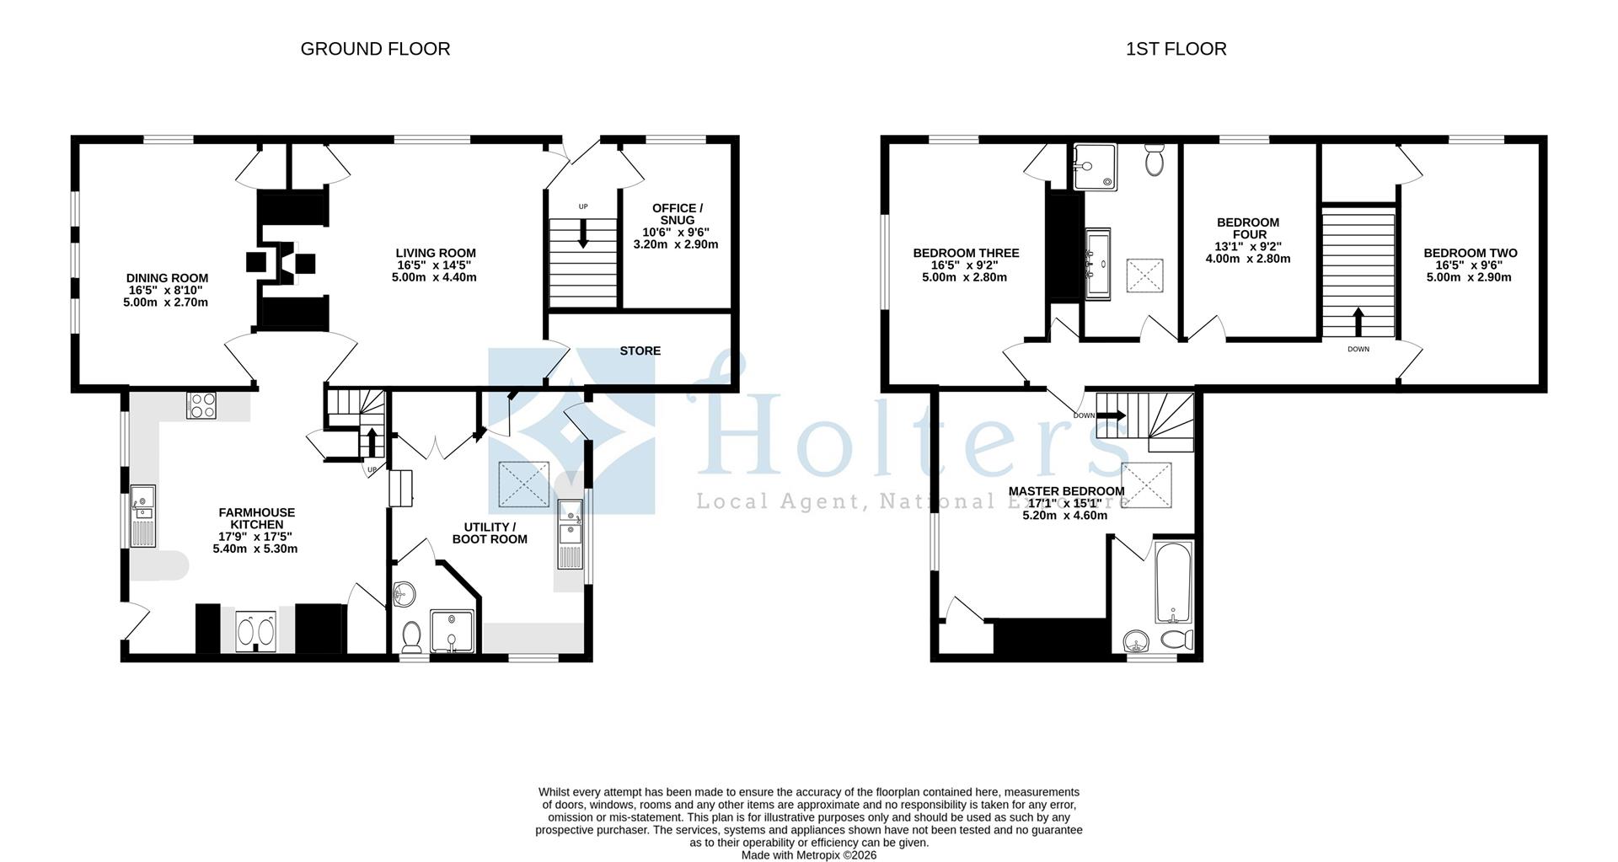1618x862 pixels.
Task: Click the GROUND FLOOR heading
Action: coord(375,49)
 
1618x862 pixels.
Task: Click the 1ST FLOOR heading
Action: coord(1176,49)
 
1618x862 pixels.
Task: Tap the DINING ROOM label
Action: coord(167,278)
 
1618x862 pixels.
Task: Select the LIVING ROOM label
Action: coord(436,253)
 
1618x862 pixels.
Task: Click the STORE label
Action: coord(640,351)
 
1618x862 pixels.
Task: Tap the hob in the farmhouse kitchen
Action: coord(202,405)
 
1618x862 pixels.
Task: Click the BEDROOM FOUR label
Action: coord(1248,228)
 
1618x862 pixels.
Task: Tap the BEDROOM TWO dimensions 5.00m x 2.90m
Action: coord(1469,276)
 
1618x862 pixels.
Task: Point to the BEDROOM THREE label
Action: coord(966,253)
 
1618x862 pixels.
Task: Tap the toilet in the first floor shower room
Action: coord(1155,160)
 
